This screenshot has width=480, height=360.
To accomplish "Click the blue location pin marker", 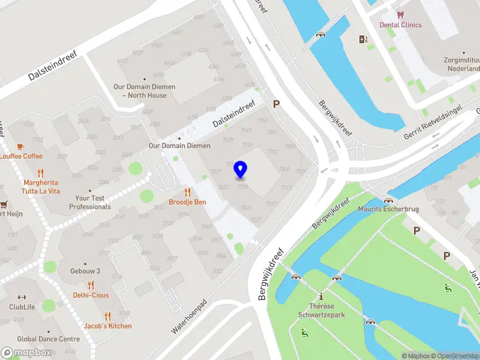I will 241,169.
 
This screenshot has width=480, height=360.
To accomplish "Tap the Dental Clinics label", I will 400,25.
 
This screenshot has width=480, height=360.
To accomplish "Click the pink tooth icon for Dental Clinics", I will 400,14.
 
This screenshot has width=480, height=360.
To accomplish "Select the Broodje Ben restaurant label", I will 187,202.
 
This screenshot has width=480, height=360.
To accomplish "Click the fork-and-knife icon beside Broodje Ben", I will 187,192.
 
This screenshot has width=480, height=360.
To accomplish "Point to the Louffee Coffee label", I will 21,156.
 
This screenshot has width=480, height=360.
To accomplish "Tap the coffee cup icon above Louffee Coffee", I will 20,146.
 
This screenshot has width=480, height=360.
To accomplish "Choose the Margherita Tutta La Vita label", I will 41,187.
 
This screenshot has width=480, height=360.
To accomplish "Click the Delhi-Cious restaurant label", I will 91,295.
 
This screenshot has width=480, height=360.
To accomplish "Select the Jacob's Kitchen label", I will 107,326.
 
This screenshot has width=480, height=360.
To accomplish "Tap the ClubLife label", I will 22,307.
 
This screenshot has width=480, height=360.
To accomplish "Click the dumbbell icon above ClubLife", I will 22,297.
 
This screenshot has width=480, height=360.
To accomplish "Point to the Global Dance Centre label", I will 48,339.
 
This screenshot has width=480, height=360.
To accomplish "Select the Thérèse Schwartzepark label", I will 322,310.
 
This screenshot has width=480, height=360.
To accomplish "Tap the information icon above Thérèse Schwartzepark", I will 322,296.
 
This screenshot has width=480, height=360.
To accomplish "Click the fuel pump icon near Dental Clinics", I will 362,40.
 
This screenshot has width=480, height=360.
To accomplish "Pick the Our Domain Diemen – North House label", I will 145,91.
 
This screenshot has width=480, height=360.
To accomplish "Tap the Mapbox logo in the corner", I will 26,353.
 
